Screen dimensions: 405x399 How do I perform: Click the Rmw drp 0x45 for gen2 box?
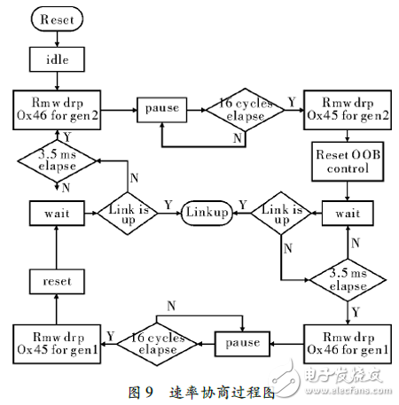[x=346, y=107]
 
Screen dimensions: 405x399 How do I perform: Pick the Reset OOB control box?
[x=346, y=162]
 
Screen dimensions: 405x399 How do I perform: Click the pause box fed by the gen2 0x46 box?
[x=160, y=108]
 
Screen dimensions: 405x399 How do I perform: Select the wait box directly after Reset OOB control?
[x=346, y=213]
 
